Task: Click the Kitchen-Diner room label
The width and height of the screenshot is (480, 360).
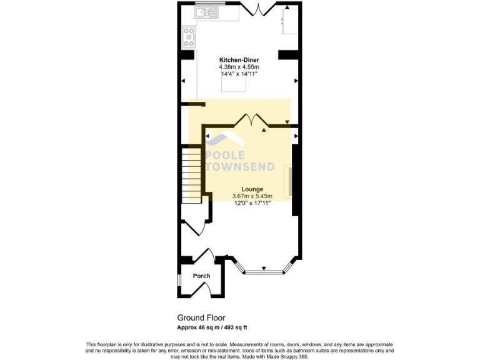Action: pyautogui.click(x=239, y=60)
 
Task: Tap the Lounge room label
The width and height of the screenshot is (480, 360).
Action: pyautogui.click(x=252, y=189)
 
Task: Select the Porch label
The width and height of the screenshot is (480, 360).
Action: pyautogui.click(x=201, y=276)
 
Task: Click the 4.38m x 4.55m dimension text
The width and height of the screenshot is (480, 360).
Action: pyautogui.click(x=239, y=67)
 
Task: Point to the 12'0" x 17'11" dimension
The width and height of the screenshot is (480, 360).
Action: pyautogui.click(x=252, y=202)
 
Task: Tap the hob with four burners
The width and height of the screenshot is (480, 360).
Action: pyautogui.click(x=189, y=38)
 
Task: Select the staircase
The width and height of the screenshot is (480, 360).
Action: pyautogui.click(x=191, y=174)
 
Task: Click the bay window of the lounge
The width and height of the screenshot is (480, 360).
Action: pyautogui.click(x=263, y=271)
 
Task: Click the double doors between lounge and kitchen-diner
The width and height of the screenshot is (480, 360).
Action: pyautogui.click(x=252, y=121)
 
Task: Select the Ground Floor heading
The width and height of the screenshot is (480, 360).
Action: pyautogui.click(x=201, y=317)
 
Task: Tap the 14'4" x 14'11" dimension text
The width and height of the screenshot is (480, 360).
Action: pyautogui.click(x=239, y=74)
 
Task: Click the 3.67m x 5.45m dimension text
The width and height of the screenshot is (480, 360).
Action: pyautogui.click(x=252, y=196)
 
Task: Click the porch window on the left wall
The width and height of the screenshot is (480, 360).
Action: pyautogui.click(x=179, y=280)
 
